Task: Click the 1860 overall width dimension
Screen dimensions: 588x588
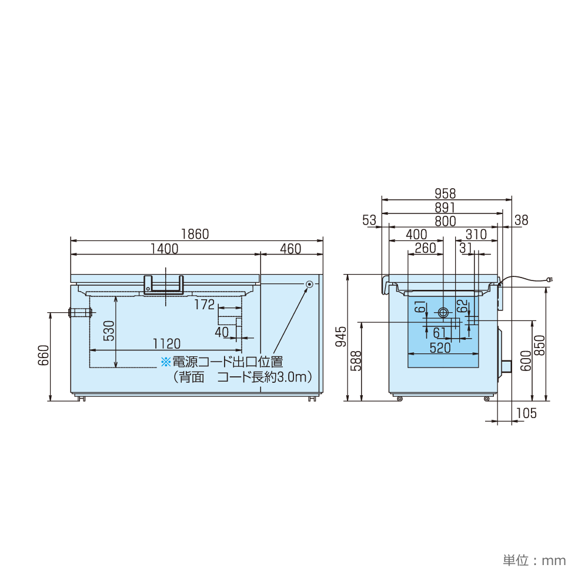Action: (195, 233)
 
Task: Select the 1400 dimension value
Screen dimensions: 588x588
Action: (164, 249)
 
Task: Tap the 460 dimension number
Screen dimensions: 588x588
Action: (290, 249)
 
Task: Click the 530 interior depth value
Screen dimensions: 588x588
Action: (109, 330)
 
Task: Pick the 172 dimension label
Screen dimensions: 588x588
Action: (204, 304)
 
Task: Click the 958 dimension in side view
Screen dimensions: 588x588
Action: (445, 193)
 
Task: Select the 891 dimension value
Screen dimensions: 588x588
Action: (445, 207)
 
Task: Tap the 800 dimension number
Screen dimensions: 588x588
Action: (445, 221)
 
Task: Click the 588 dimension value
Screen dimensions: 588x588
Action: (355, 360)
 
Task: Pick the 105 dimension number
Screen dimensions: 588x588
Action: (526, 413)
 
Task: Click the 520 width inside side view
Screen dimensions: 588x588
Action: (440, 348)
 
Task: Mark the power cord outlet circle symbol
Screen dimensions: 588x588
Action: (309, 285)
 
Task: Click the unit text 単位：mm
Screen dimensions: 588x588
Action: (534, 560)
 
